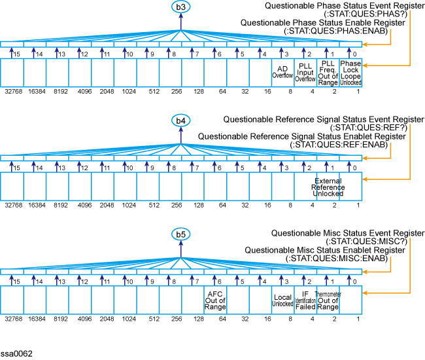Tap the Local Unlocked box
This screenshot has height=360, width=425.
(282, 300)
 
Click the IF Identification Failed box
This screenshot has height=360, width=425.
(305, 300)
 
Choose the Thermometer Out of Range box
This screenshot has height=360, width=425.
(328, 300)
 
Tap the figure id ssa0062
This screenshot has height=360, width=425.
(16, 353)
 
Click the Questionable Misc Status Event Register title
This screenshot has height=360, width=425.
(347, 234)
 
